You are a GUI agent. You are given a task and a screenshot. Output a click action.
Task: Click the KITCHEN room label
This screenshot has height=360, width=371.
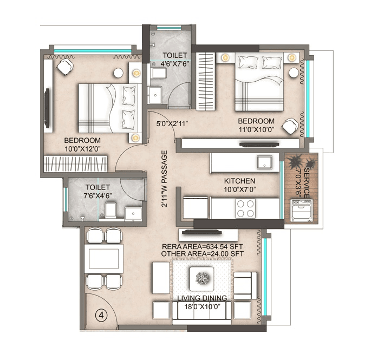click(x=240, y=181)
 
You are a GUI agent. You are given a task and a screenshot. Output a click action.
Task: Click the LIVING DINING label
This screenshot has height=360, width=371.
click(x=201, y=298)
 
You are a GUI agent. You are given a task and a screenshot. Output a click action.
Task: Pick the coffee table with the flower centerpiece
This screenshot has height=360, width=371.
click(x=203, y=279)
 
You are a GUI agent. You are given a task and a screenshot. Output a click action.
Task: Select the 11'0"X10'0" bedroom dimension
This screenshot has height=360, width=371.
click(x=255, y=128)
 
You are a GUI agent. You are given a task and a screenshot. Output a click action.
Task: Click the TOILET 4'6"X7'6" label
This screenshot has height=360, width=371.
click(x=174, y=59)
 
